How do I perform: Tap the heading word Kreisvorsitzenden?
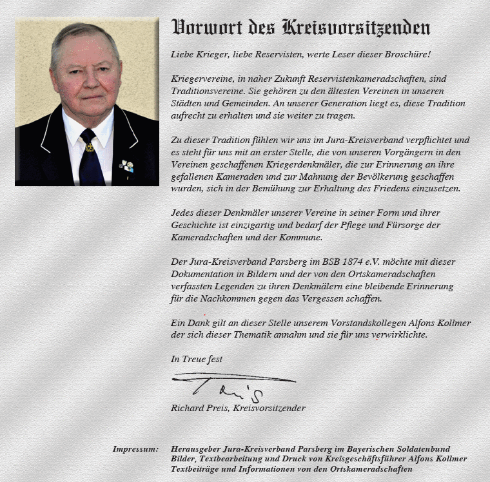356,28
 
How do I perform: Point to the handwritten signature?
226,385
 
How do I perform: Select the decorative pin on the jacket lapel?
126,166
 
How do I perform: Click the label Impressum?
135,449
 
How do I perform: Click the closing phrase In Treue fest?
197,359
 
